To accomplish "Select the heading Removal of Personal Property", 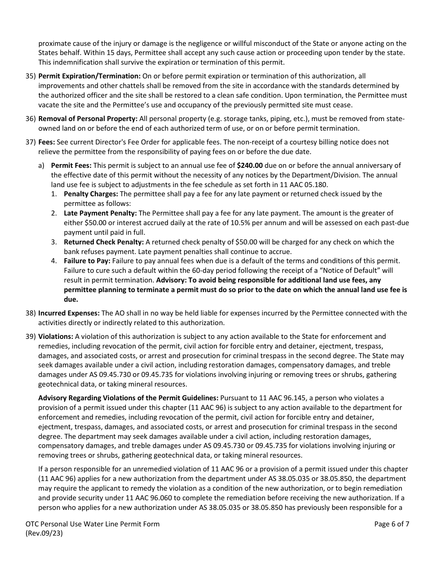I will (x=87, y=118).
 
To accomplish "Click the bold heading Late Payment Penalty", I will (x=100, y=213).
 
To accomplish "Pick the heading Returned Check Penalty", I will (x=103, y=242).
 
